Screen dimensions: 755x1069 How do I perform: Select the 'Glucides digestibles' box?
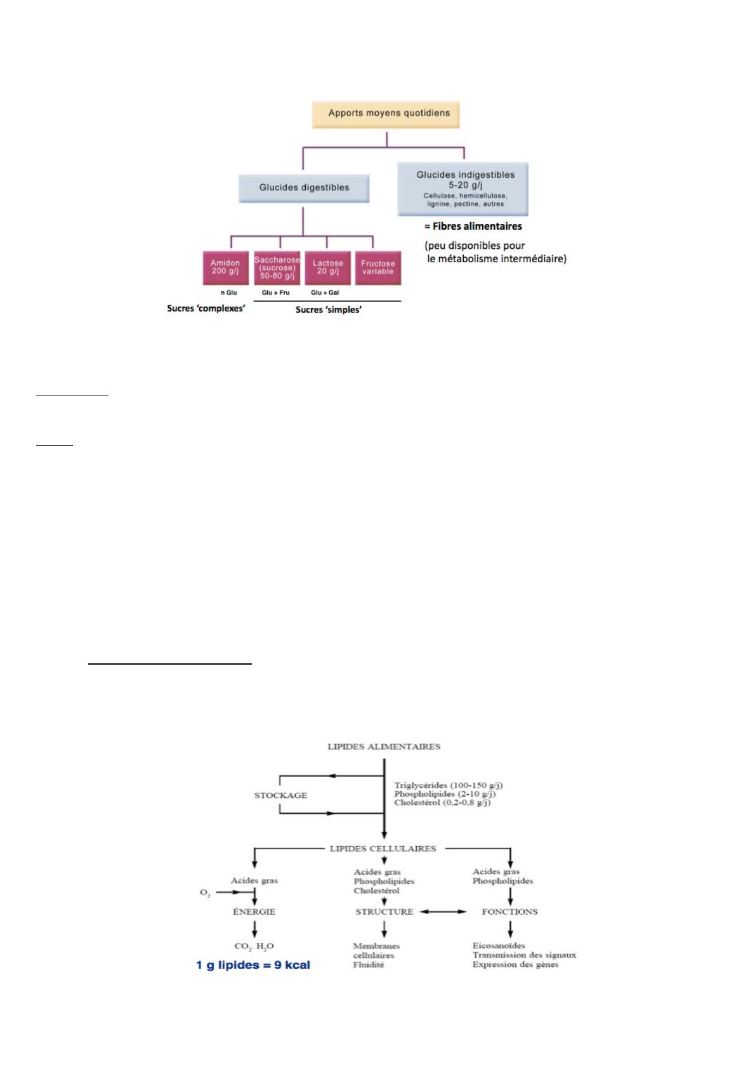[x=304, y=188]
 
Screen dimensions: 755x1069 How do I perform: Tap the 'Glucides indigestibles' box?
[x=463, y=189]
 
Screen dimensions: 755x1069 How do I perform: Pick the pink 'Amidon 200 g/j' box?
[x=226, y=268]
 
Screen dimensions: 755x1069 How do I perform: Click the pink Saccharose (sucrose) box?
[x=277, y=268]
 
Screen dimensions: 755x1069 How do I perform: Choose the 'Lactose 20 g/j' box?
[x=327, y=268]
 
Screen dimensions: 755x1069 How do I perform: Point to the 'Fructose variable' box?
[x=377, y=268]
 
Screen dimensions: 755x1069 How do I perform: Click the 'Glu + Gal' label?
[x=325, y=293]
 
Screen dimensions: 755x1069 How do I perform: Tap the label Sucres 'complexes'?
[x=206, y=309]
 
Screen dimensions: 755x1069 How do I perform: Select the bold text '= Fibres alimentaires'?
[x=473, y=226]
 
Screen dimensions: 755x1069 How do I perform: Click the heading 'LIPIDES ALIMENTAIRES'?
[x=384, y=747]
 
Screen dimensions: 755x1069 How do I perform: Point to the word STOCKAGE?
[x=280, y=795]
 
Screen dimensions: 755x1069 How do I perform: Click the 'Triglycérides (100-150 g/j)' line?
[x=449, y=785]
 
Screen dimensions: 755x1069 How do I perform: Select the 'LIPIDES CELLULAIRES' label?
[x=383, y=848]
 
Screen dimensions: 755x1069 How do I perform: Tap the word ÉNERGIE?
[x=254, y=912]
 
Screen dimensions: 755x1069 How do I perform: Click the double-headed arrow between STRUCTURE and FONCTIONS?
[x=443, y=912]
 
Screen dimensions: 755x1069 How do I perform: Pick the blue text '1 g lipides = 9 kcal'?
[x=253, y=965]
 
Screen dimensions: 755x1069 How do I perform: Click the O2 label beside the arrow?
[x=205, y=893]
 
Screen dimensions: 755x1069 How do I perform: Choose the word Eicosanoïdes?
[x=499, y=945]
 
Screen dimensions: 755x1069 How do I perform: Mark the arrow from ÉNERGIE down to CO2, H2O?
[x=254, y=929]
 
